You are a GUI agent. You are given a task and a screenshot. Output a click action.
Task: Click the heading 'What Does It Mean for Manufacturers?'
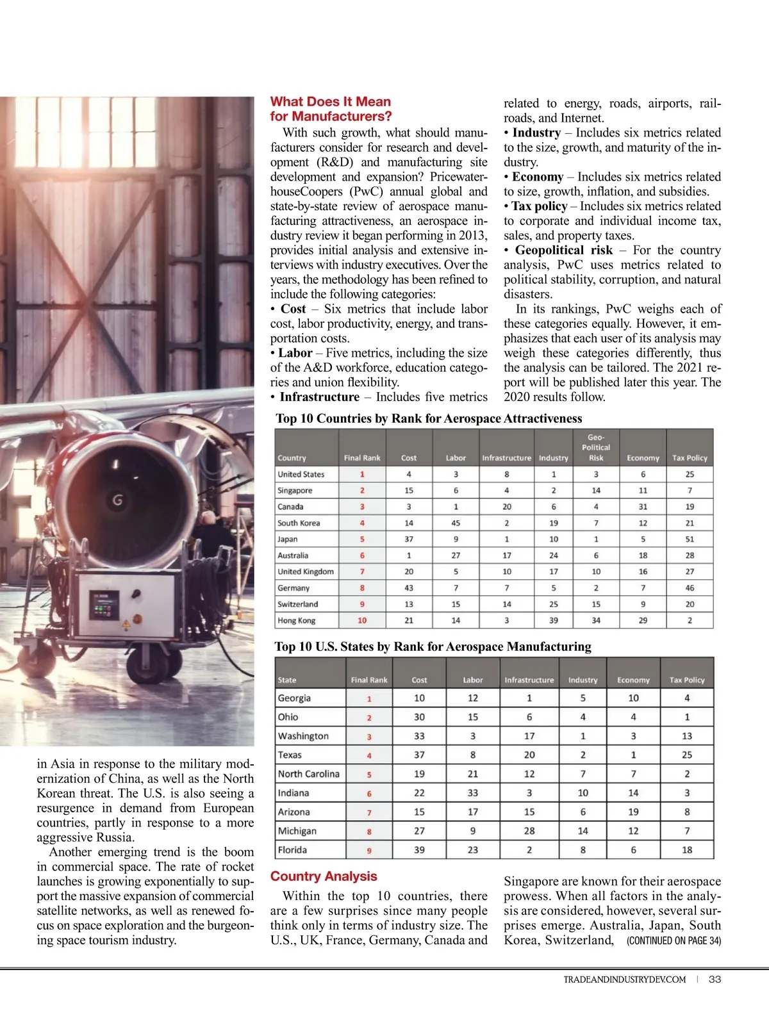[331, 109]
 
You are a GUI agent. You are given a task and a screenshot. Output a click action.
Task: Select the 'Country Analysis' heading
[324, 876]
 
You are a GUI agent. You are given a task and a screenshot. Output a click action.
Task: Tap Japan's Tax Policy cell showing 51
[690, 539]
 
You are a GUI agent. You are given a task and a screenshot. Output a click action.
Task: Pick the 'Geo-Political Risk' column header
[596, 448]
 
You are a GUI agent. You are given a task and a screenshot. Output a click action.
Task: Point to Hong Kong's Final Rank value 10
[362, 621]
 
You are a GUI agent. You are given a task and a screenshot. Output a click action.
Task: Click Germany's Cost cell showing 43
[409, 588]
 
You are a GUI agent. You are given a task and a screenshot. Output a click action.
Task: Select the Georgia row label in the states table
[294, 698]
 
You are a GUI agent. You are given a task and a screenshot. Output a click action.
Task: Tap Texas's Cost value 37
[419, 755]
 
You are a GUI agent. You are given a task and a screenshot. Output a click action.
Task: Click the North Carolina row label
[308, 774]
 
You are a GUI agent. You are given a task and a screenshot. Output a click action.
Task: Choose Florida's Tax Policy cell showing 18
[687, 850]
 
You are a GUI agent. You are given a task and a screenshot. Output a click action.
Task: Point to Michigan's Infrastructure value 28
[529, 831]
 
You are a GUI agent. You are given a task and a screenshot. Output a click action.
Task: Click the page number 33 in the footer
[715, 980]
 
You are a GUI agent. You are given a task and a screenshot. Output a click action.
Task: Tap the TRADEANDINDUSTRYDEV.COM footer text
[624, 980]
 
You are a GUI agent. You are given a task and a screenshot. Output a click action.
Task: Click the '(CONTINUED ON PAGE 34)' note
[674, 940]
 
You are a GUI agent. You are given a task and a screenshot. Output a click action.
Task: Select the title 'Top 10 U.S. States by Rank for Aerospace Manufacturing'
[433, 646]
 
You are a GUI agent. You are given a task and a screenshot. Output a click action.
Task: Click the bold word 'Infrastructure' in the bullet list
[319, 397]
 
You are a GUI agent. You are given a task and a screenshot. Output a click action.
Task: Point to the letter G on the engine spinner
[118, 499]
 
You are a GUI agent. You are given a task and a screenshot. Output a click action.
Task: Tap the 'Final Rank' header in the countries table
[362, 458]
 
